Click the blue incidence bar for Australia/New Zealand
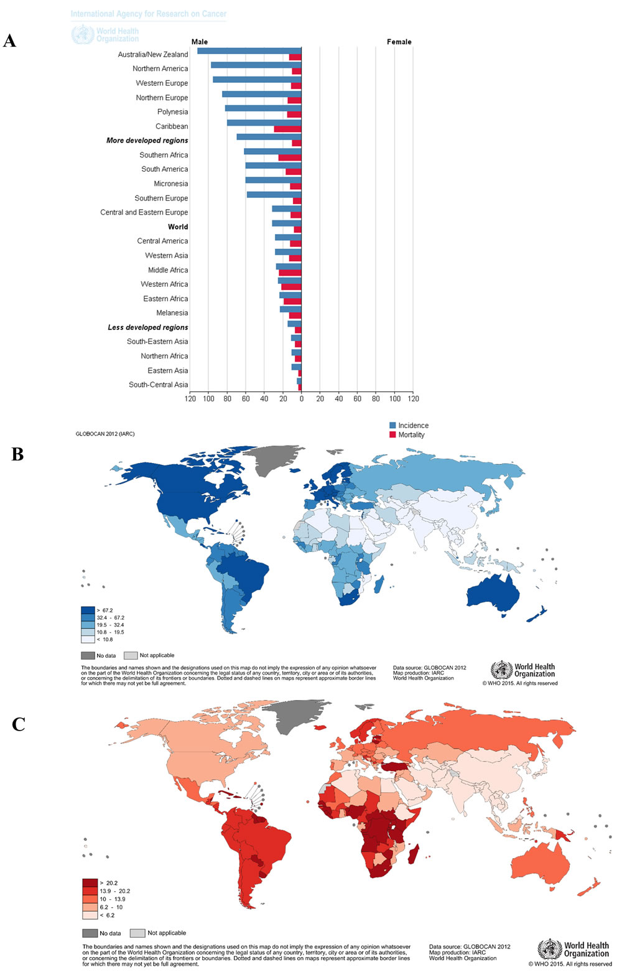click(x=249, y=50)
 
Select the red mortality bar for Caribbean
click(x=287, y=129)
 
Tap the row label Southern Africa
click(x=164, y=155)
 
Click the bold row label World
click(x=178, y=227)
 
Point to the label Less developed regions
click(x=148, y=327)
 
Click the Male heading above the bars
click(x=200, y=42)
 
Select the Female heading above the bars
click(x=399, y=42)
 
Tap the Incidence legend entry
click(x=413, y=426)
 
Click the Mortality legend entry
click(x=411, y=435)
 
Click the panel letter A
click(x=9, y=41)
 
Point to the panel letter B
click(x=17, y=454)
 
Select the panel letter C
click(x=19, y=724)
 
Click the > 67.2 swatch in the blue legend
click(x=88, y=610)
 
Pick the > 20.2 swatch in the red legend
click(x=90, y=883)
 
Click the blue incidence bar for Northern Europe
click(x=261, y=94)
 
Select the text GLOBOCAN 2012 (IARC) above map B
click(x=104, y=434)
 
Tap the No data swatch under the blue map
click(x=88, y=655)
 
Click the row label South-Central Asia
click(x=158, y=385)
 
